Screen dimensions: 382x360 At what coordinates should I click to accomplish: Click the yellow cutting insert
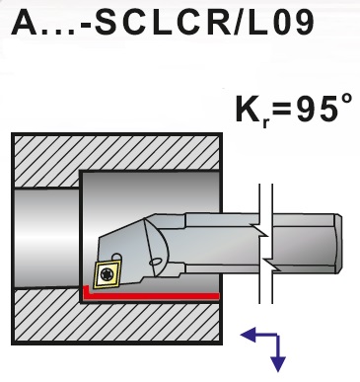[x=104, y=271]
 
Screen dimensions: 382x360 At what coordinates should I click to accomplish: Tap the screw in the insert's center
[x=104, y=271]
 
